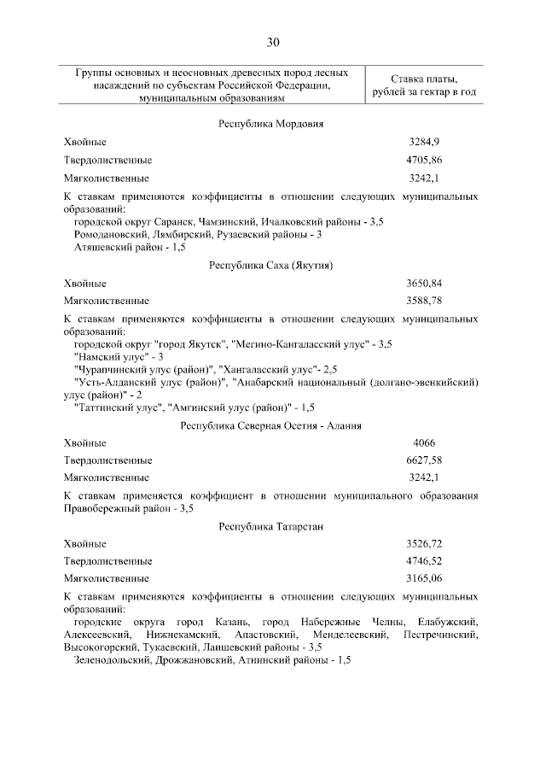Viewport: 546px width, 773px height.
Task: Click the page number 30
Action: [272, 42]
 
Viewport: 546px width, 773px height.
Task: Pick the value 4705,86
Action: [424, 160]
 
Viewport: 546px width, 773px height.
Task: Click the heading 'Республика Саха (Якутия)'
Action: [270, 265]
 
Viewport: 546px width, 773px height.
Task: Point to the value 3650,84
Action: [424, 283]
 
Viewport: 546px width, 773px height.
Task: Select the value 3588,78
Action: [424, 301]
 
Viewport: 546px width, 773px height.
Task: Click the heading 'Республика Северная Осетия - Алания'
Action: [270, 425]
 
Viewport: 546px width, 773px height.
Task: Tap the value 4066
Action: [424, 443]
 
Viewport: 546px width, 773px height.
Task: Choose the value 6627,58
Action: [424, 461]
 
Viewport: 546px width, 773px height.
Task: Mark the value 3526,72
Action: [424, 544]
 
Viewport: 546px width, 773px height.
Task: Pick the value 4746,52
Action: [424, 561]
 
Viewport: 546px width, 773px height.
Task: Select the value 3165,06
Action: [424, 578]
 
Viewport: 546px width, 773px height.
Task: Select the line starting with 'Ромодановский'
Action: [198, 234]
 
